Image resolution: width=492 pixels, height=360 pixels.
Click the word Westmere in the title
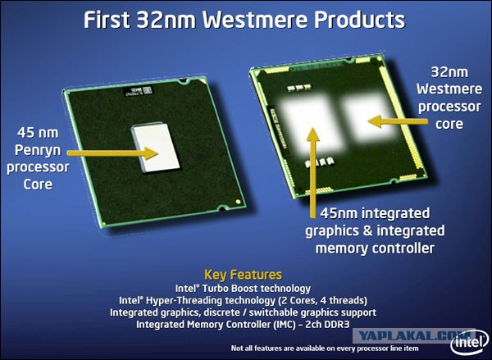(x=255, y=20)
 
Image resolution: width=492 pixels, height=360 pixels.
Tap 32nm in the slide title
(x=166, y=20)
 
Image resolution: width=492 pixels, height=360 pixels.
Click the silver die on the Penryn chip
(x=156, y=148)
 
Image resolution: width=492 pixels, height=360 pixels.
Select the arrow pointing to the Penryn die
(x=112, y=153)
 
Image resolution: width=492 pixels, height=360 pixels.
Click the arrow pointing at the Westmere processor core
(x=398, y=121)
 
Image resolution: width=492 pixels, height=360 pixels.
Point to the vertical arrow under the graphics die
(x=312, y=172)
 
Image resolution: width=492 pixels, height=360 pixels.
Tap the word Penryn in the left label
(x=38, y=150)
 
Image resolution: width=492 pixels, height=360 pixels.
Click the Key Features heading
(x=244, y=275)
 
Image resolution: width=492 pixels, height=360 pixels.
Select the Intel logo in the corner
(x=470, y=342)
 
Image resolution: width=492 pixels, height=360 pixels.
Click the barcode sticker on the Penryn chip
(x=139, y=91)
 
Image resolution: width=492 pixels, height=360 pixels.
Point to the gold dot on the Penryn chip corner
(x=238, y=201)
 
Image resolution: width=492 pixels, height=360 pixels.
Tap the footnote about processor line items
(x=325, y=348)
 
